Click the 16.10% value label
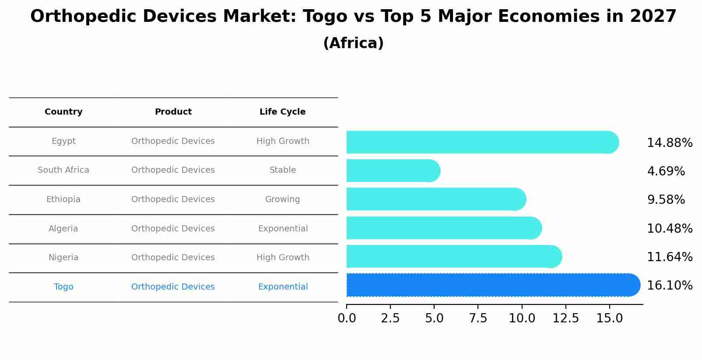669,286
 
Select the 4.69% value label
666,171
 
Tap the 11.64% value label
669,257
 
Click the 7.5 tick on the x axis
478,318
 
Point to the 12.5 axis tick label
565,318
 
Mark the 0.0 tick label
347,318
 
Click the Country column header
63,112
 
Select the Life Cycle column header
282,112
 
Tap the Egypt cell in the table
63,141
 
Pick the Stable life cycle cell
282,170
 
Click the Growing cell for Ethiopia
282,199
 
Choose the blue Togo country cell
63,287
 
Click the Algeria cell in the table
63,229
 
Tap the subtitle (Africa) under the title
353,43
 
